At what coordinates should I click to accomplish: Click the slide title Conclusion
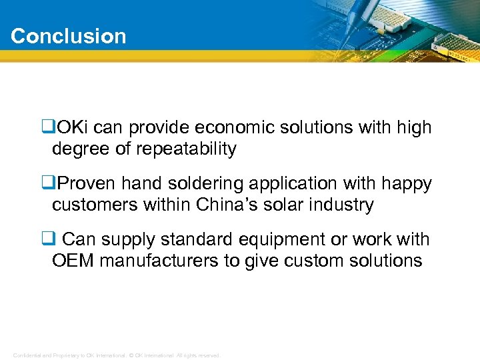pyautogui.click(x=68, y=36)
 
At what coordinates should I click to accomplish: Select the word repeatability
pyautogui.click(x=186, y=149)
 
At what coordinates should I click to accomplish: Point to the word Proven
pyautogui.click(x=88, y=183)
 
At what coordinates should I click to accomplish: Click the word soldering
pyautogui.click(x=198, y=183)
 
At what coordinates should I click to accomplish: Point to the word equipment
pyautogui.click(x=287, y=239)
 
